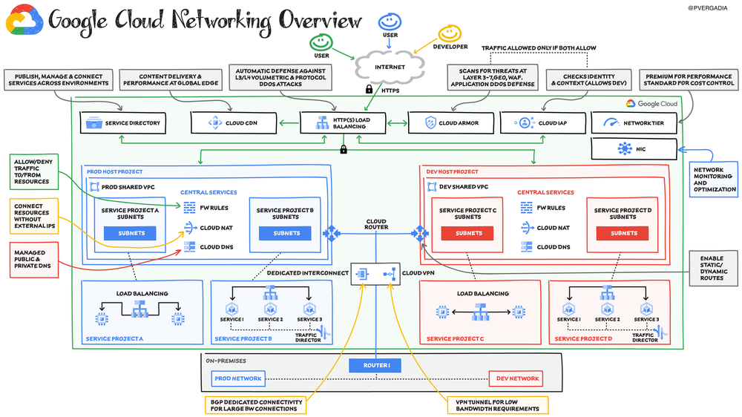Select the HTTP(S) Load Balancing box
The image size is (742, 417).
pos(343,122)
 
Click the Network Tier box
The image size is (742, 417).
pos(634,122)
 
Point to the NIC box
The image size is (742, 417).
pos(634,150)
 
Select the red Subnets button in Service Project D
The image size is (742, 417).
pos(623,233)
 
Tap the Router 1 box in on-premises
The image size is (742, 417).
pos(375,365)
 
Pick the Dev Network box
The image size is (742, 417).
pos(515,379)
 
